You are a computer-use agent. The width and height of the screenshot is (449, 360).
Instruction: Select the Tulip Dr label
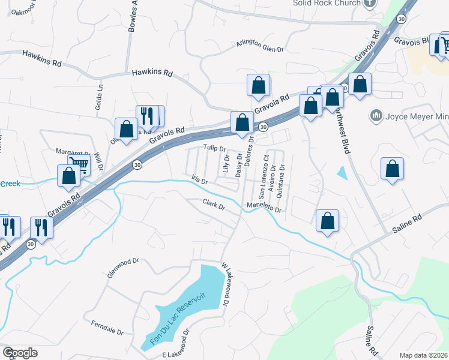tap(214, 148)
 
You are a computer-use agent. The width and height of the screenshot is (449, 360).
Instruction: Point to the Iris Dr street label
tap(199, 180)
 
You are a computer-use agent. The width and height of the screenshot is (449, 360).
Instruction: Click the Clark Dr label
tap(213, 205)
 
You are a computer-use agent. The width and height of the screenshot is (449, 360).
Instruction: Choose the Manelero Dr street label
tap(264, 209)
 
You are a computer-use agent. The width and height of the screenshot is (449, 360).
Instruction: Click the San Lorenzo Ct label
tap(262, 178)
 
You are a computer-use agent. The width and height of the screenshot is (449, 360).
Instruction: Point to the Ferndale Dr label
tap(107, 328)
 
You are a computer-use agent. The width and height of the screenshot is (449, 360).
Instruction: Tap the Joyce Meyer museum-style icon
tap(377, 115)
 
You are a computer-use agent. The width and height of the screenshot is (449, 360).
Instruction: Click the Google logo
tap(20, 353)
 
